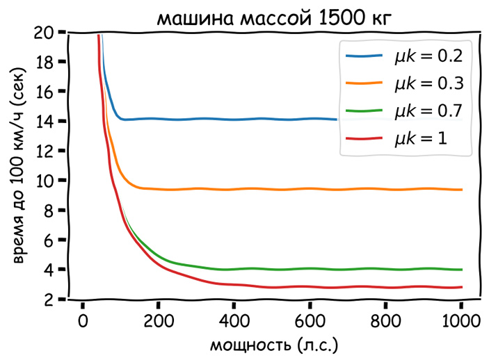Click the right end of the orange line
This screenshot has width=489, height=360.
tap(461, 190)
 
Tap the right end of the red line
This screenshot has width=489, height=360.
tap(461, 287)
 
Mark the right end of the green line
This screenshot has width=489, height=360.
tap(461, 270)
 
